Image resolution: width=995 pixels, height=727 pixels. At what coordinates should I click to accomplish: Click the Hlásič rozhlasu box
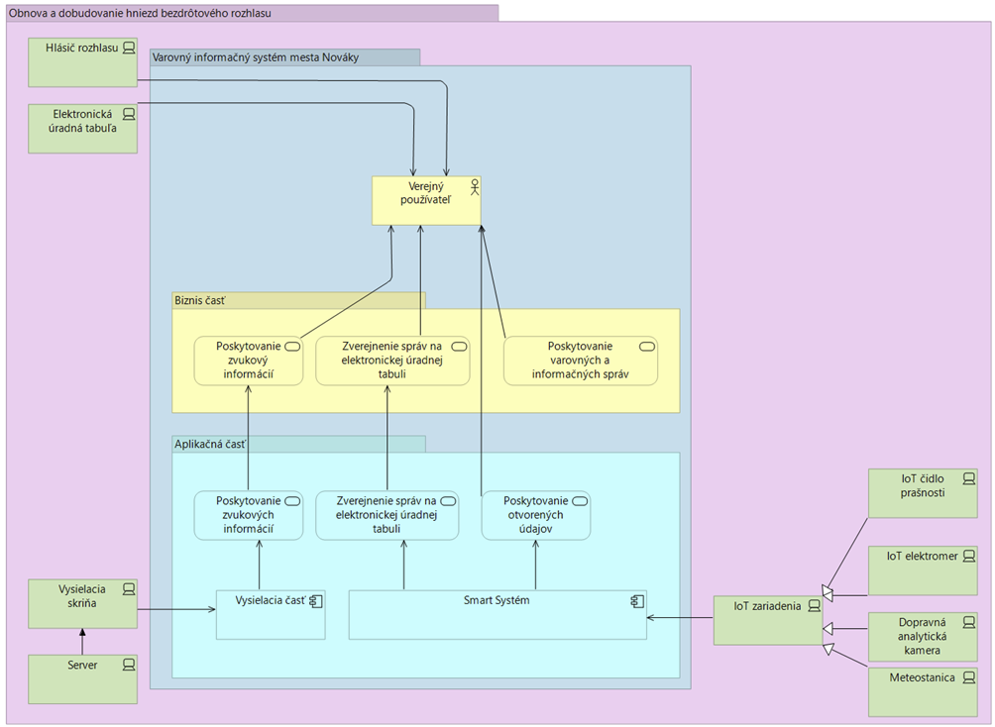tap(82, 61)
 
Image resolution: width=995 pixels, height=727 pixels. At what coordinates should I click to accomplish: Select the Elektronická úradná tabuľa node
tap(82, 129)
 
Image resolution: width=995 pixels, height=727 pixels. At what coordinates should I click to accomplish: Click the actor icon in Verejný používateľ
tap(474, 185)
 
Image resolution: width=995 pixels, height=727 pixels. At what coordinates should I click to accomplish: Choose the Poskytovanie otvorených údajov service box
tap(535, 515)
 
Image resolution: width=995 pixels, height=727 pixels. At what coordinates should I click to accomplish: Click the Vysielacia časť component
tap(271, 615)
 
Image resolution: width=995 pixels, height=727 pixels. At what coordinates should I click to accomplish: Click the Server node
tap(82, 679)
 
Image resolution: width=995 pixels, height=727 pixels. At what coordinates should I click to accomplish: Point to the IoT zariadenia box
tap(767, 620)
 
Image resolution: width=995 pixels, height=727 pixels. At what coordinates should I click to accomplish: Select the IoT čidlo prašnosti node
tap(922, 493)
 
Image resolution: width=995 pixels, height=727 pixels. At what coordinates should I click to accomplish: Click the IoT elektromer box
tap(922, 571)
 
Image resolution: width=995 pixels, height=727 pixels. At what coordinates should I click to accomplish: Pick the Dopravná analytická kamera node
tap(922, 638)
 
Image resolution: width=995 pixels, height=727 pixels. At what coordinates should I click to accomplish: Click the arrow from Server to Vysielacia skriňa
tap(82, 641)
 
